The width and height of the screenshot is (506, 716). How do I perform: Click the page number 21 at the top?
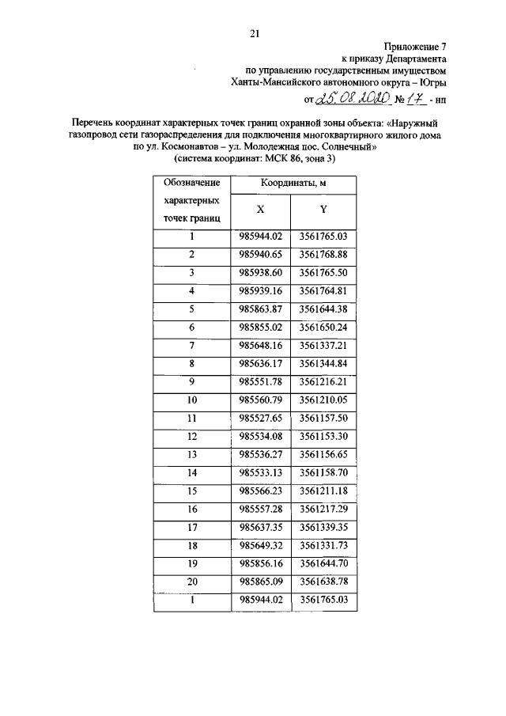tap(255, 33)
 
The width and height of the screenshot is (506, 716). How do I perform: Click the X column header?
tap(260, 210)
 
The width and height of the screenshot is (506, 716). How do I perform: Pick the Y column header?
tap(323, 210)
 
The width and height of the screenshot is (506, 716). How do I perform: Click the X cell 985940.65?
tap(261, 254)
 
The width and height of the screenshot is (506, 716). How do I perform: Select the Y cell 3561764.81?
tap(324, 290)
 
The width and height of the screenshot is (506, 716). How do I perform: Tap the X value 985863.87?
tap(261, 308)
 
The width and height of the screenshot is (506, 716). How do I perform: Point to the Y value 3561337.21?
tap(324, 344)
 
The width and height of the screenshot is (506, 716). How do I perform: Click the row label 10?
tap(191, 399)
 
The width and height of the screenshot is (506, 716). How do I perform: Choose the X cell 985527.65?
tap(261, 417)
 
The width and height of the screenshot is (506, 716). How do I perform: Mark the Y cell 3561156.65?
tap(324, 453)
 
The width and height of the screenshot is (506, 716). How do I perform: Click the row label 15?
tap(191, 490)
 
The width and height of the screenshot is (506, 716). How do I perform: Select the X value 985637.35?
tap(261, 526)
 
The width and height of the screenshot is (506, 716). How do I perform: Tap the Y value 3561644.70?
tap(324, 563)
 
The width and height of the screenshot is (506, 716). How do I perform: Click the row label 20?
tap(191, 581)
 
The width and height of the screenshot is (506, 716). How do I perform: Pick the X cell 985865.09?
tap(261, 581)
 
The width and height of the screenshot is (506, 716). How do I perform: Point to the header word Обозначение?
tap(191, 183)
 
